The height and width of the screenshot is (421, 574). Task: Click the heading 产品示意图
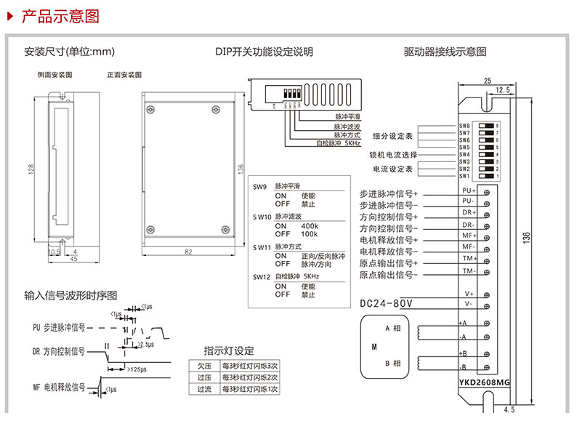pyautogui.click(x=60, y=16)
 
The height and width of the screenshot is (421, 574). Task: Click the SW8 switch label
pyautogui.click(x=464, y=126)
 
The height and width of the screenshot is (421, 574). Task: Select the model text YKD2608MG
pyautogui.click(x=485, y=381)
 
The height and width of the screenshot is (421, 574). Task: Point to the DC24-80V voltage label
pyautogui.click(x=386, y=303)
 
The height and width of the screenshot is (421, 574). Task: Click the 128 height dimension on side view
pyautogui.click(x=31, y=168)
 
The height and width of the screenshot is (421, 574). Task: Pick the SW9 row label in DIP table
pyautogui.click(x=261, y=186)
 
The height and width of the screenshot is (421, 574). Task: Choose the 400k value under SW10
pyautogui.click(x=309, y=226)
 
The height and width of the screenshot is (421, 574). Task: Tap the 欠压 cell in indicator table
pyautogui.click(x=204, y=365)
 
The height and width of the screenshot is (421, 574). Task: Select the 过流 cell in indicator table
pyautogui.click(x=204, y=389)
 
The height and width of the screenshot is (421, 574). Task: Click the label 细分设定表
pyautogui.click(x=392, y=136)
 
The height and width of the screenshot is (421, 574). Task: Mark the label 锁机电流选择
pyautogui.click(x=393, y=155)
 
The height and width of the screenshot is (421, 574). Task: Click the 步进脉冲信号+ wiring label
pyautogui.click(x=389, y=194)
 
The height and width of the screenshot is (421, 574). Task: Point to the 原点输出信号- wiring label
pyautogui.click(x=389, y=275)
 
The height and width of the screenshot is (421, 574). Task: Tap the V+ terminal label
pyautogui.click(x=469, y=293)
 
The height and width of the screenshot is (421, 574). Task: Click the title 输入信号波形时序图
pyautogui.click(x=70, y=295)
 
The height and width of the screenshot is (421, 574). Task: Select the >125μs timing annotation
pyautogui.click(x=140, y=370)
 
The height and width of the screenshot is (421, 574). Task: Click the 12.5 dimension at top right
pyautogui.click(x=501, y=90)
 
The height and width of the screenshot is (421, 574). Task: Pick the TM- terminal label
pyautogui.click(x=469, y=270)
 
